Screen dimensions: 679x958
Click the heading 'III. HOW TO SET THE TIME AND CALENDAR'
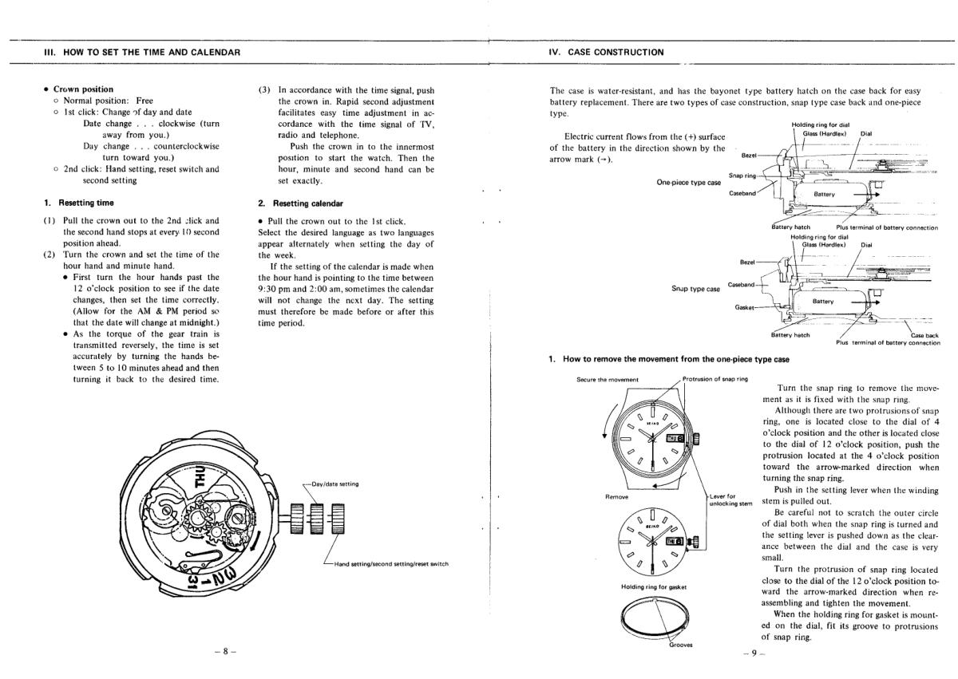click(142, 53)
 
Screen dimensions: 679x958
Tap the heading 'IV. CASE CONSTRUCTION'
click(606, 53)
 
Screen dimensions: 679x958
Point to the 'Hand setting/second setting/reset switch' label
click(391, 564)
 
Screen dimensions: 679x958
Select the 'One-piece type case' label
click(688, 182)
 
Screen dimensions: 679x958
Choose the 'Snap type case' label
click(696, 288)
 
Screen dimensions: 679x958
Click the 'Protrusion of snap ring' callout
click(716, 378)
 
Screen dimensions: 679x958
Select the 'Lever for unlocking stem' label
click(730, 499)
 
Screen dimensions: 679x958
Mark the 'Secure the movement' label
click(607, 379)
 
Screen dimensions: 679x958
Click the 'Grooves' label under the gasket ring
click(680, 645)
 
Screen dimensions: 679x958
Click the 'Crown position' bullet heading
click(83, 89)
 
